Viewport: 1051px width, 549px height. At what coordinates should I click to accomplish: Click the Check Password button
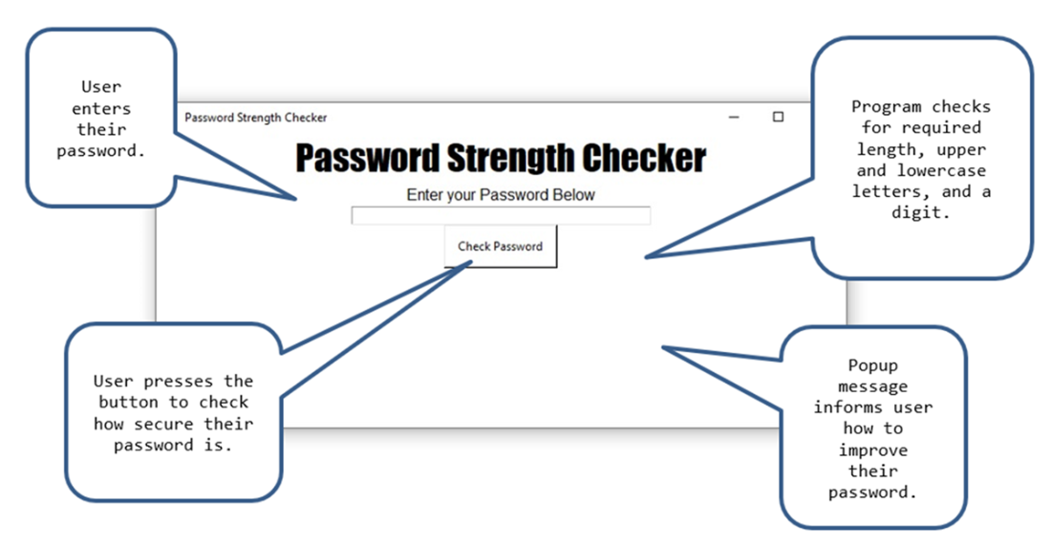coord(500,247)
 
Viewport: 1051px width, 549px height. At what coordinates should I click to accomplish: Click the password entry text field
coord(501,215)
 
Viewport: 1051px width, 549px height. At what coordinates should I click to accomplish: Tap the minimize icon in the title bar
coord(734,118)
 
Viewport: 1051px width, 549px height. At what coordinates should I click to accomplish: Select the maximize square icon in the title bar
coord(778,117)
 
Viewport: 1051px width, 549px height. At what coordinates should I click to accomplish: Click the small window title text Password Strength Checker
coord(255,118)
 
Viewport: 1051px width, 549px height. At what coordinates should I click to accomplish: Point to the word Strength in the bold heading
coord(510,159)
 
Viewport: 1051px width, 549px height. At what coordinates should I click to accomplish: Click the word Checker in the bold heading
coord(643,158)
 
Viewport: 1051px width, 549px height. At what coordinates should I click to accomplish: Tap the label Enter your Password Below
coord(501,194)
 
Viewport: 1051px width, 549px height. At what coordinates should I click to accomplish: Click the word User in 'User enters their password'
coord(101,87)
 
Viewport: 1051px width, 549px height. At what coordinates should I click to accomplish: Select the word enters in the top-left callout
coord(101,108)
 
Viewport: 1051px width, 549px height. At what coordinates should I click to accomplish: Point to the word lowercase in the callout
coord(941,170)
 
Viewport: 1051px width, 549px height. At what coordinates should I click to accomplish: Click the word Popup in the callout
coord(872,365)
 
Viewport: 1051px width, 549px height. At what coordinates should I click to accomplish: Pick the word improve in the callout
coord(872,450)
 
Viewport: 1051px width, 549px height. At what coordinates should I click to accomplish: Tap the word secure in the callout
coord(163,424)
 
